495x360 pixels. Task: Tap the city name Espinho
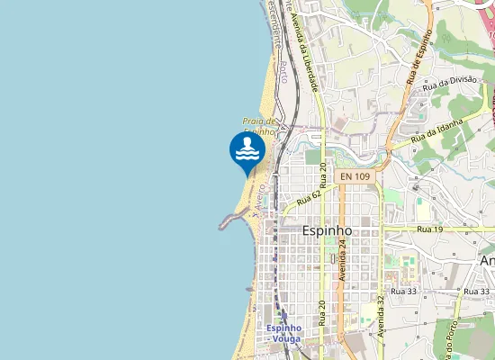coord(328,230)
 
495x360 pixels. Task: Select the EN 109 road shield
coord(355,176)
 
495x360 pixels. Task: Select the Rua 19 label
coord(429,230)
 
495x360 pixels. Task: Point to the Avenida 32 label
coord(381,310)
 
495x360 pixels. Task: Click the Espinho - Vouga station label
coord(284,334)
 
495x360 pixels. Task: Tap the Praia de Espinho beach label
coord(257,127)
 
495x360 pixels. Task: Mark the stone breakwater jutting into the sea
coord(227,221)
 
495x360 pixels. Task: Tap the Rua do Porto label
coord(446,339)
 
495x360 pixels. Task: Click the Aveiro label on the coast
coord(257,200)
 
